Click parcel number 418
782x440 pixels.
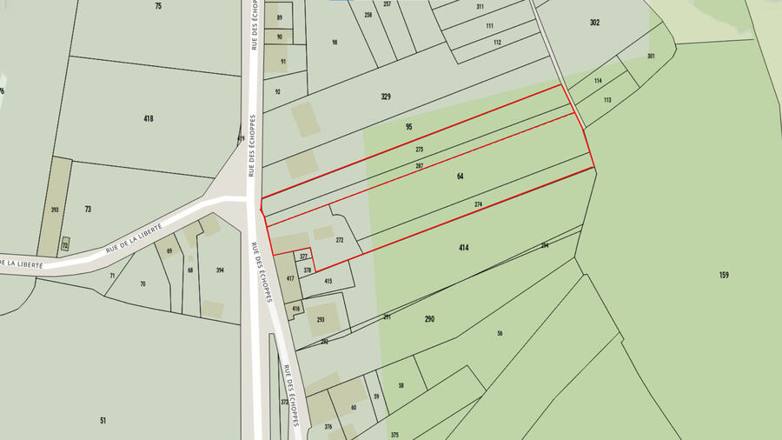149,118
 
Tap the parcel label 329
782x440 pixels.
386,96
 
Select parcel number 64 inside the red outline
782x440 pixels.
460,177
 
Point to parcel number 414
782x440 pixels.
464,248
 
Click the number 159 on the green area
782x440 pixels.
724,275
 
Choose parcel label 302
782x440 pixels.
594,23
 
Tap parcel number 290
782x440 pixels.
429,319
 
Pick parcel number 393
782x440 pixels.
55,210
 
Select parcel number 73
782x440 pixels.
88,210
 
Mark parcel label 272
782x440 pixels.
340,240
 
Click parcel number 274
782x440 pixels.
478,204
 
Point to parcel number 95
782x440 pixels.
408,127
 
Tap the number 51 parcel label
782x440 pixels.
103,421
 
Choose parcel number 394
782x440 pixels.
220,270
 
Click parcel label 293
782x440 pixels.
320,320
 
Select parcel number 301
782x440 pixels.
651,56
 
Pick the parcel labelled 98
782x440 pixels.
335,42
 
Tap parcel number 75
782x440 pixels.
158,6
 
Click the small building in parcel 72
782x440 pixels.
65,246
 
